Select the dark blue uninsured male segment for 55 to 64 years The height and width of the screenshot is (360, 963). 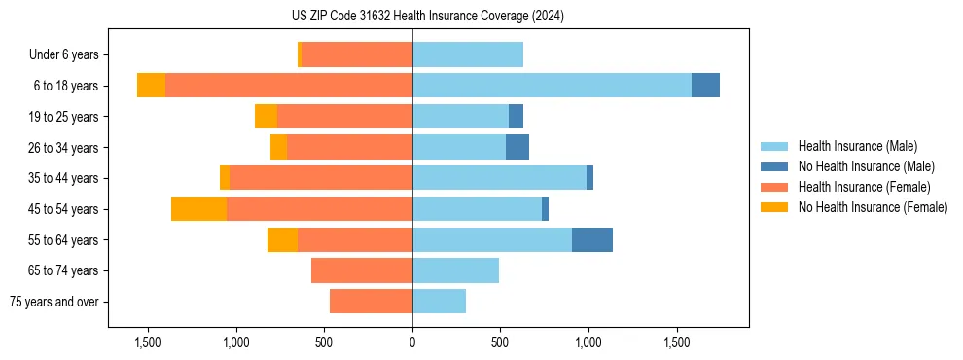point(591,239)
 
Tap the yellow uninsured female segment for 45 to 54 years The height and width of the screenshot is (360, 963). point(198,208)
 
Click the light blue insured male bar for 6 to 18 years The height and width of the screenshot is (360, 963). point(552,86)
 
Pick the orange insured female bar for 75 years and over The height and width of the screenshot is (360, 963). point(371,302)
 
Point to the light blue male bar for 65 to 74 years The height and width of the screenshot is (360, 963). point(455,270)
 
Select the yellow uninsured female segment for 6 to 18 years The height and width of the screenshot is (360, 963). point(151,86)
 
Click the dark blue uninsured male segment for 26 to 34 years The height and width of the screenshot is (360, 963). point(517,147)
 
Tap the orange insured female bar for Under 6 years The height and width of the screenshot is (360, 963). point(356,54)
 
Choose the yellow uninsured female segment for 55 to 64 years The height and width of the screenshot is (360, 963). point(282,239)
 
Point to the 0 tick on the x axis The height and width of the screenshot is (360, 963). point(412,342)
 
